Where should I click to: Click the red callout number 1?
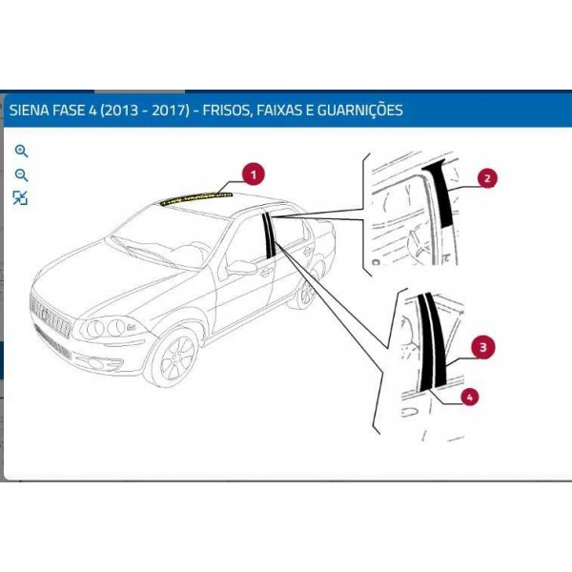[x=254, y=174]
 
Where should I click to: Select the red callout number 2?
[x=487, y=178]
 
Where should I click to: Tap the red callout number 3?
[x=483, y=347]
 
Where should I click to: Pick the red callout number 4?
[x=469, y=397]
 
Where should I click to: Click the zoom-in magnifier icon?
[x=21, y=151]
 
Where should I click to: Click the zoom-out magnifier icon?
[x=21, y=175]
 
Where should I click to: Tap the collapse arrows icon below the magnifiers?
[x=20, y=198]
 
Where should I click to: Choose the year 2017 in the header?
[x=170, y=110]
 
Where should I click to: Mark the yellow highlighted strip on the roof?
[x=196, y=198]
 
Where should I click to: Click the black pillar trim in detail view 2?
[x=440, y=194]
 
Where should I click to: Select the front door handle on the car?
[x=267, y=272]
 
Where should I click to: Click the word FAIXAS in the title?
[x=279, y=110]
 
